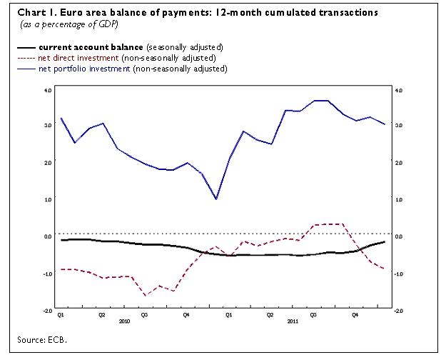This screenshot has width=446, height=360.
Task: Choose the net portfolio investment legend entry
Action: [x=79, y=69]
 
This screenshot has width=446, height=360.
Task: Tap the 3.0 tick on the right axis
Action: [x=399, y=126]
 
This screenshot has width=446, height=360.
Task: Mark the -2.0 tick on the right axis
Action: [x=399, y=311]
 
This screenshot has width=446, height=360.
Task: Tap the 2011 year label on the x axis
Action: [x=291, y=321]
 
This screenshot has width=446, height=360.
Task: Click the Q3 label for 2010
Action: [x=144, y=314]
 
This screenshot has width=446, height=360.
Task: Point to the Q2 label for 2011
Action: [x=270, y=314]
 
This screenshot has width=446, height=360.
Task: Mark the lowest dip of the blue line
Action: [x=216, y=199]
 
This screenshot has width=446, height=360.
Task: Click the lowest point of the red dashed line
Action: [x=146, y=295]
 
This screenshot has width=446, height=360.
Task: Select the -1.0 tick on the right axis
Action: [x=399, y=274]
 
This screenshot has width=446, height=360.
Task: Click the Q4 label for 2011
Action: [x=355, y=314]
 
